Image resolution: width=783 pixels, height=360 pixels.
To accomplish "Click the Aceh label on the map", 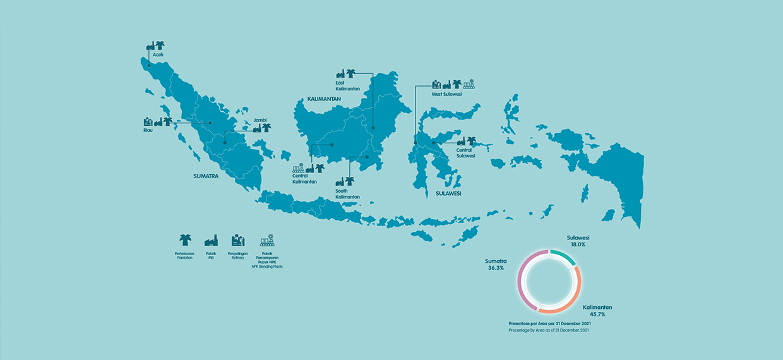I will point(158,55).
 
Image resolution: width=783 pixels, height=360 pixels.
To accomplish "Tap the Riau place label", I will point(148,130).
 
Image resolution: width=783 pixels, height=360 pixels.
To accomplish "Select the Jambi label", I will point(260,119).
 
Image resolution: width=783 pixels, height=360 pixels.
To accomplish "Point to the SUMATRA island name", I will point(206,176).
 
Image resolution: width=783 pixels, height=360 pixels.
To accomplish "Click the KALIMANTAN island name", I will point(324,99).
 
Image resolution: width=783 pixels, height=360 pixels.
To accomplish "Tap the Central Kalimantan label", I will point(305,179).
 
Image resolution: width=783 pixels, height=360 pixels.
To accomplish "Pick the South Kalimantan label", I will point(347,194).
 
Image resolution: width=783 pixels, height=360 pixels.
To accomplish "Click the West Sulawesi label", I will point(446,94).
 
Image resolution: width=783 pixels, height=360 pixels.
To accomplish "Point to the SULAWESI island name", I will point(448,194).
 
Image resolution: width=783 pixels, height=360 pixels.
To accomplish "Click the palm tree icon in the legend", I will point(184,240).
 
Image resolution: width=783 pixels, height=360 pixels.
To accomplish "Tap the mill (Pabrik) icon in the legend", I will point(211,240).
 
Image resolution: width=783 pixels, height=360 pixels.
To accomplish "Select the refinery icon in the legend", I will point(237,240).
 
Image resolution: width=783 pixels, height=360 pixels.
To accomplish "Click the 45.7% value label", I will point(597,314).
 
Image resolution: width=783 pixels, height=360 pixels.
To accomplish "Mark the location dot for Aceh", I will point(149,64).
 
